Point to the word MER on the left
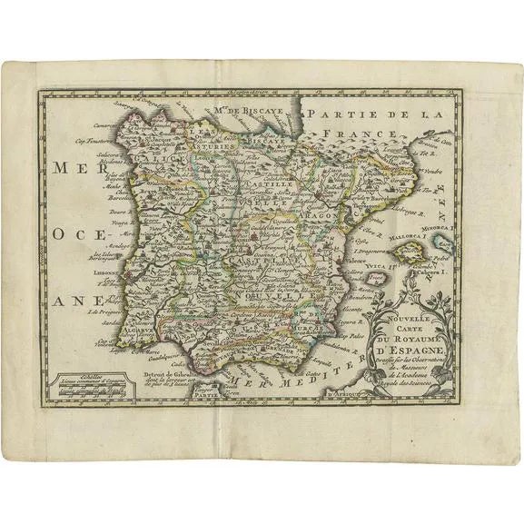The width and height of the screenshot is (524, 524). (73, 166)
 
